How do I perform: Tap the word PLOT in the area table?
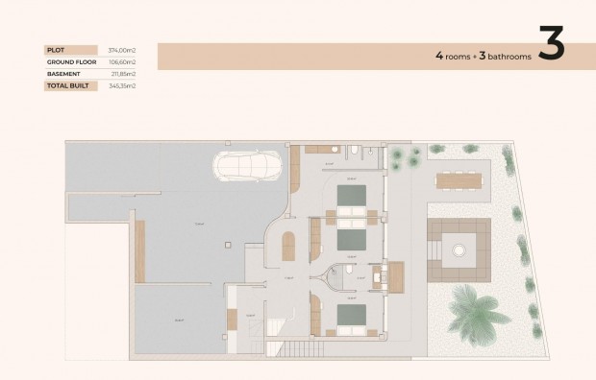pyautogui.click(x=56, y=50)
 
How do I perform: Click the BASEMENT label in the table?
pyautogui.click(x=62, y=73)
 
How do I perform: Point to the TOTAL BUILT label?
pyautogui.click(x=65, y=85)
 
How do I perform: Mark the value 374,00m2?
pyautogui.click(x=121, y=50)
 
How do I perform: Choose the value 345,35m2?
pyautogui.click(x=121, y=85)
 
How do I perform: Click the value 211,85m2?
pyautogui.click(x=121, y=73)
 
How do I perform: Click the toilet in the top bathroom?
pyautogui.click(x=355, y=151)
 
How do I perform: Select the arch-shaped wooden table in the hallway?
pyautogui.click(x=288, y=248)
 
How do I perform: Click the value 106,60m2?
pyautogui.click(x=121, y=61)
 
